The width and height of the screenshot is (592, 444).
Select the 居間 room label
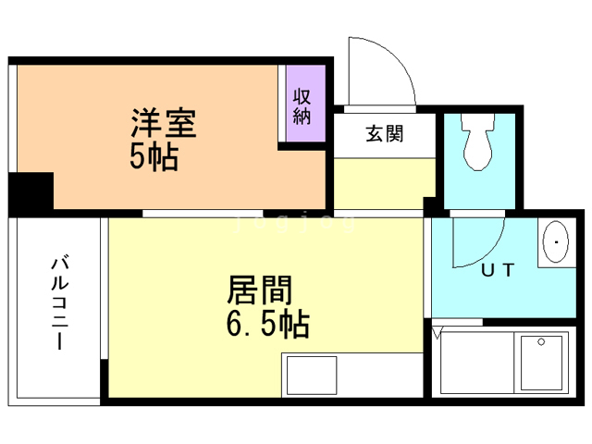pyautogui.click(x=260, y=292)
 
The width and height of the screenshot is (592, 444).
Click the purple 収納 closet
pyautogui.click(x=302, y=105)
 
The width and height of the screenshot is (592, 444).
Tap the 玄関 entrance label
pyautogui.click(x=383, y=134)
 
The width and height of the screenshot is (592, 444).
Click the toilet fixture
pyautogui.click(x=480, y=144)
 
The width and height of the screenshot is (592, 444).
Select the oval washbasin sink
pyautogui.click(x=556, y=243)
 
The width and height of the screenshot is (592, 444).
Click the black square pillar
pyautogui.click(x=31, y=192)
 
